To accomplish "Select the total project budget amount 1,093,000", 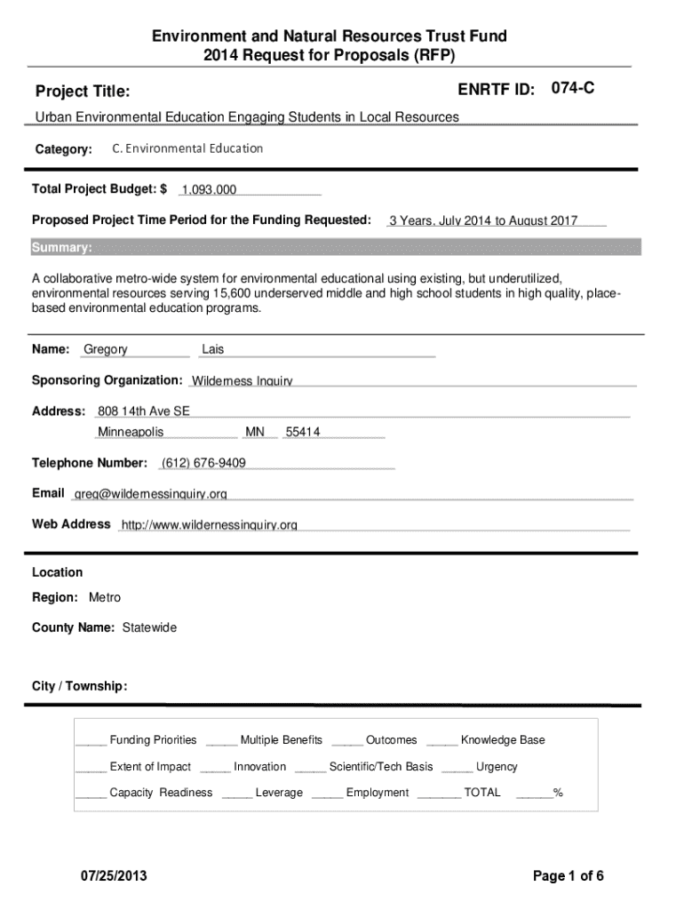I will point(209,190).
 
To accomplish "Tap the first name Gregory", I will point(106,350).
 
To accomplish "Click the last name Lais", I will point(213,350).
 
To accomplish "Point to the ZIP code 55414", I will point(303,433).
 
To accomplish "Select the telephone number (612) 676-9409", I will point(203,463).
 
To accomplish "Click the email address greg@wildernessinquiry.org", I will point(150,494).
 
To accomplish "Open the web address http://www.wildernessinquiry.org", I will point(209,525).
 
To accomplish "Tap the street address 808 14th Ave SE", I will point(144,411).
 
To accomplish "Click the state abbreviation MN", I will point(255,433).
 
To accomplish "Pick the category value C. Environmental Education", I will point(187,148).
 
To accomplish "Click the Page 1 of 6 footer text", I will point(569,876).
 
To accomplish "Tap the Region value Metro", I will point(105,597).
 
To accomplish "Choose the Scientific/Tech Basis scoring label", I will point(381,767).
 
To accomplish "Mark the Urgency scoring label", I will point(497,767).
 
